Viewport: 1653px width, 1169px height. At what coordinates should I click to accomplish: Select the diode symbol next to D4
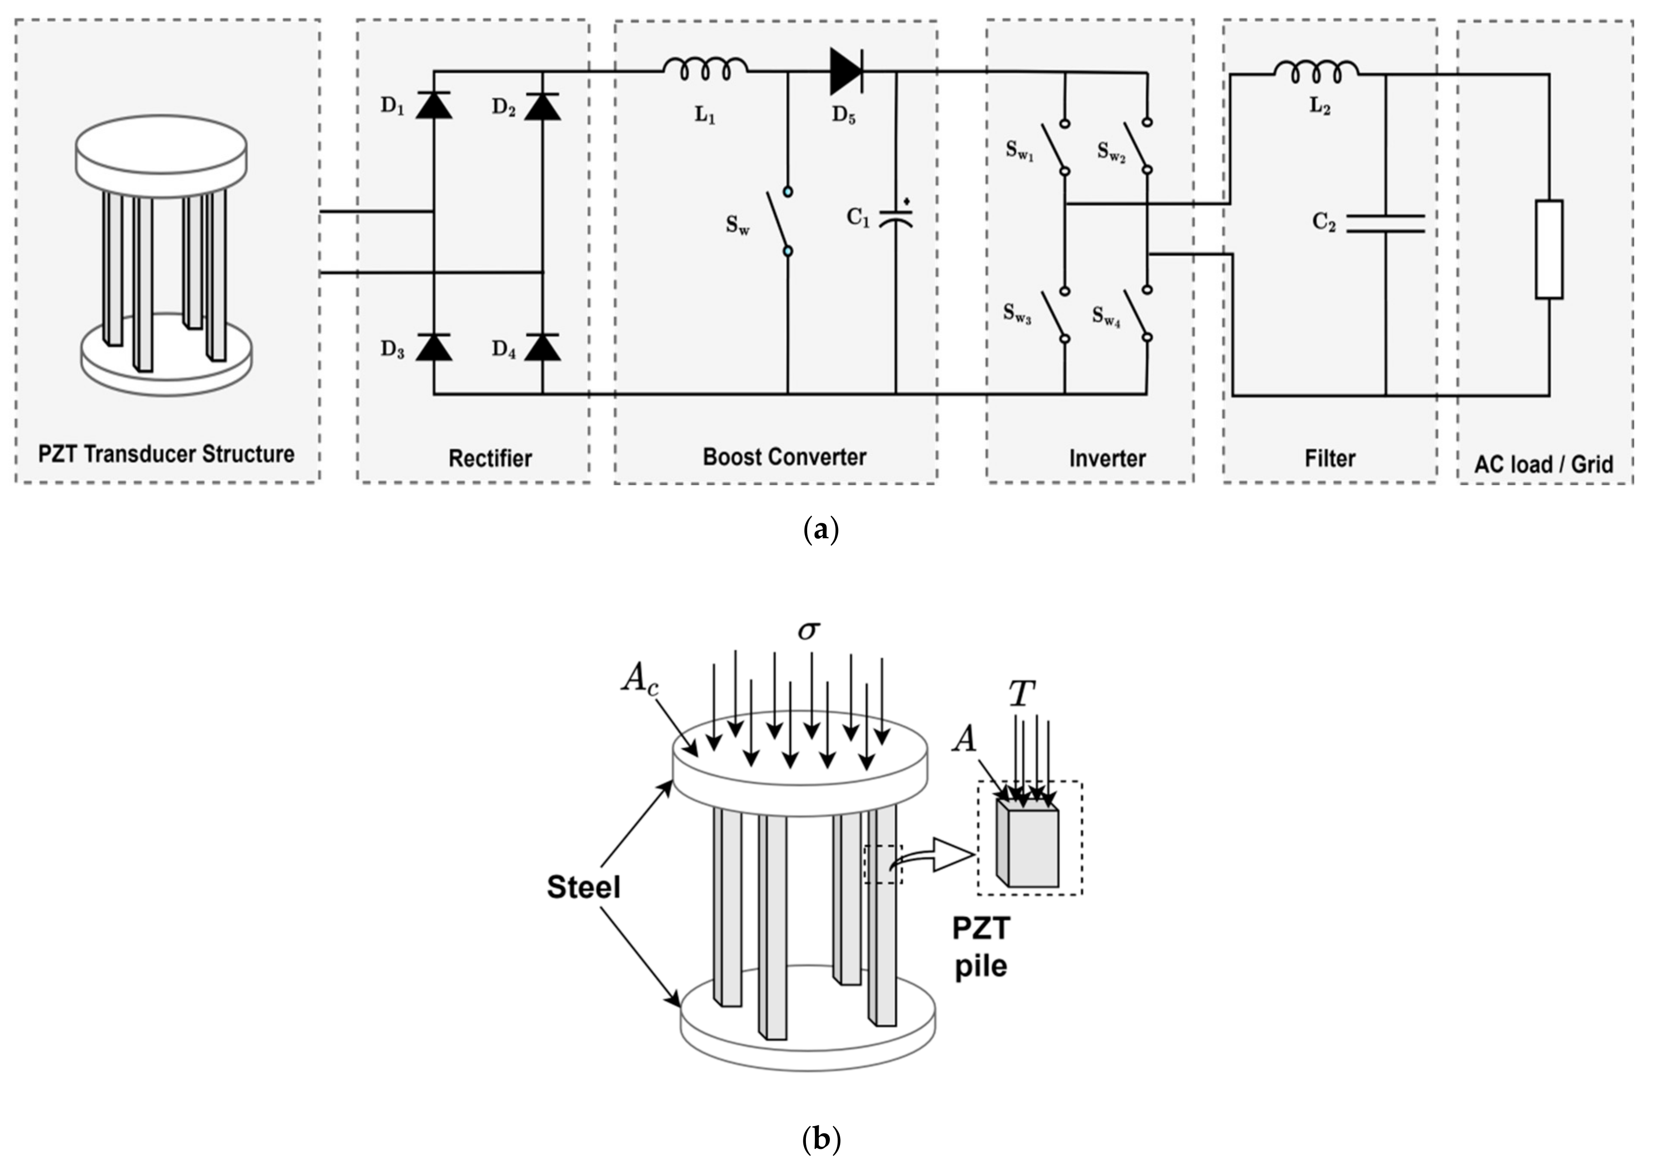tap(542, 347)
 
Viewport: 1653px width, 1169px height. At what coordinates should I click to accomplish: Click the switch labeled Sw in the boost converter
tap(778, 222)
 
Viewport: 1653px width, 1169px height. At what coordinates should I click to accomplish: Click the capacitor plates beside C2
tap(1385, 223)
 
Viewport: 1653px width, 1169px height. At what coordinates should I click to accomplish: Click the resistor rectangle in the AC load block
tap(1548, 249)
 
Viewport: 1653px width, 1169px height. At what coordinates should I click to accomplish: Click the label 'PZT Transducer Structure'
tap(166, 454)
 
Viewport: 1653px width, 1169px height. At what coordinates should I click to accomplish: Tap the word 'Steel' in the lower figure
tap(583, 887)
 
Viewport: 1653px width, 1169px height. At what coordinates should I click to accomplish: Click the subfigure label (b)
tap(821, 1138)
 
